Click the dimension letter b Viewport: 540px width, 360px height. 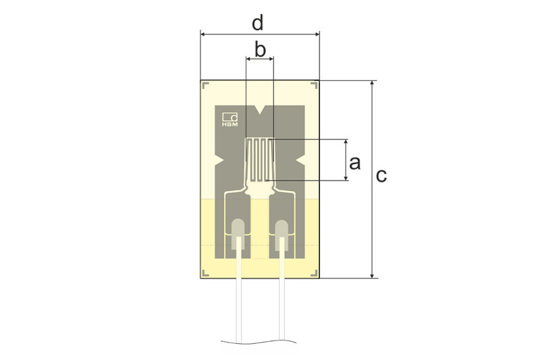click(260, 49)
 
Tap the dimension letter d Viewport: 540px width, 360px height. click(257, 23)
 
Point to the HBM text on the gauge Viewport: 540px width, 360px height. click(230, 124)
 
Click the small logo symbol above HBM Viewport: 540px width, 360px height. click(230, 115)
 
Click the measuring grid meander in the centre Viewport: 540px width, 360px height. click(260, 160)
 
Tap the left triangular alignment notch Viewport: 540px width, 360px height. click(220, 159)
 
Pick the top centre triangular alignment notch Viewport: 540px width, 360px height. click(260, 109)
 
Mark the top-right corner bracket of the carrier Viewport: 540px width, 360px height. click(315, 85)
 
